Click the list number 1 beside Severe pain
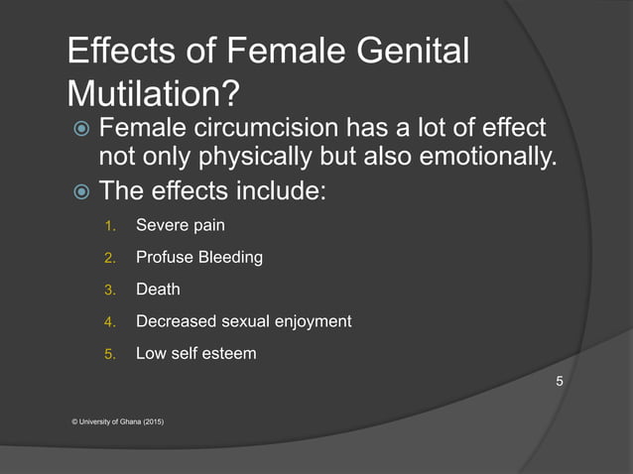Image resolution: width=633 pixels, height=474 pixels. click(x=111, y=226)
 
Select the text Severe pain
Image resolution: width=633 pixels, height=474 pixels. click(x=180, y=225)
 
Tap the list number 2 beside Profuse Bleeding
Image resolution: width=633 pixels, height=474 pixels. click(x=111, y=258)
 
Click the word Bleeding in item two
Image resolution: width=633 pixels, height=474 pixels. click(x=227, y=257)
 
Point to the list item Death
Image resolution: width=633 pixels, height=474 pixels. click(x=158, y=290)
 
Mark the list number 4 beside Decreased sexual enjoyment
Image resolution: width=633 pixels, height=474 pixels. click(x=111, y=322)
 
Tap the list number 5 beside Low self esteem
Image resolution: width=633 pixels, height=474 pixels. click(x=111, y=354)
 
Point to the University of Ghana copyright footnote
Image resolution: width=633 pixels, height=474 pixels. click(x=118, y=421)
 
